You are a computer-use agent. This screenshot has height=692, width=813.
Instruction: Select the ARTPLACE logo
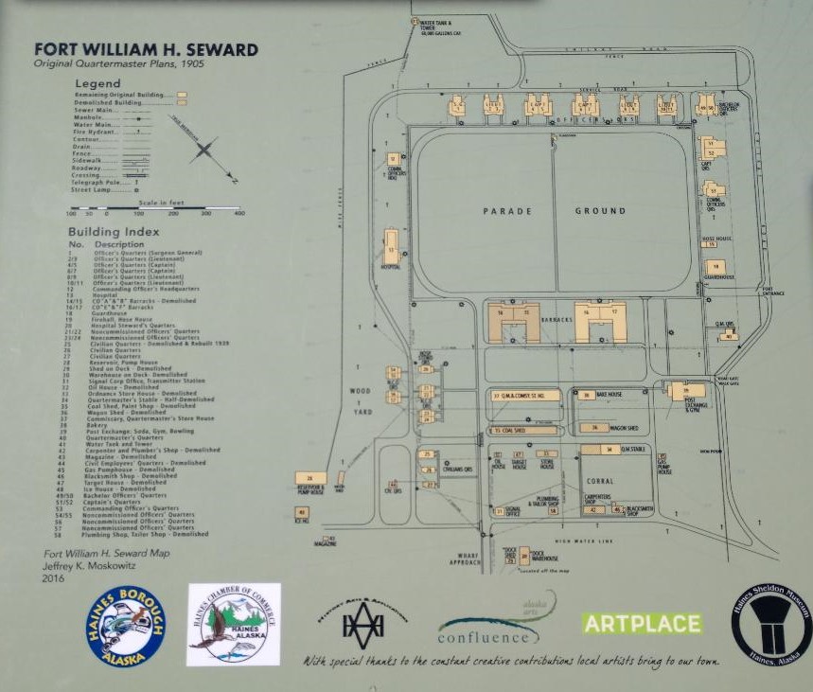[x=642, y=624]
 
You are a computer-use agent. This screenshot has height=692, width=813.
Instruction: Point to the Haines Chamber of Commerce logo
[x=234, y=625]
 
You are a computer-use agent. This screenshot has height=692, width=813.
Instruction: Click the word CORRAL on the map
[x=600, y=481]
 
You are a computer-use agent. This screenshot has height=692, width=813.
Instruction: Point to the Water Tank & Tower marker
[x=414, y=21]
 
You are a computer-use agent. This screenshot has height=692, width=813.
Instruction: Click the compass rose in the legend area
[x=209, y=151]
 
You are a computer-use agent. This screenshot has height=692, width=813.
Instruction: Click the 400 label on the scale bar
[x=239, y=213]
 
